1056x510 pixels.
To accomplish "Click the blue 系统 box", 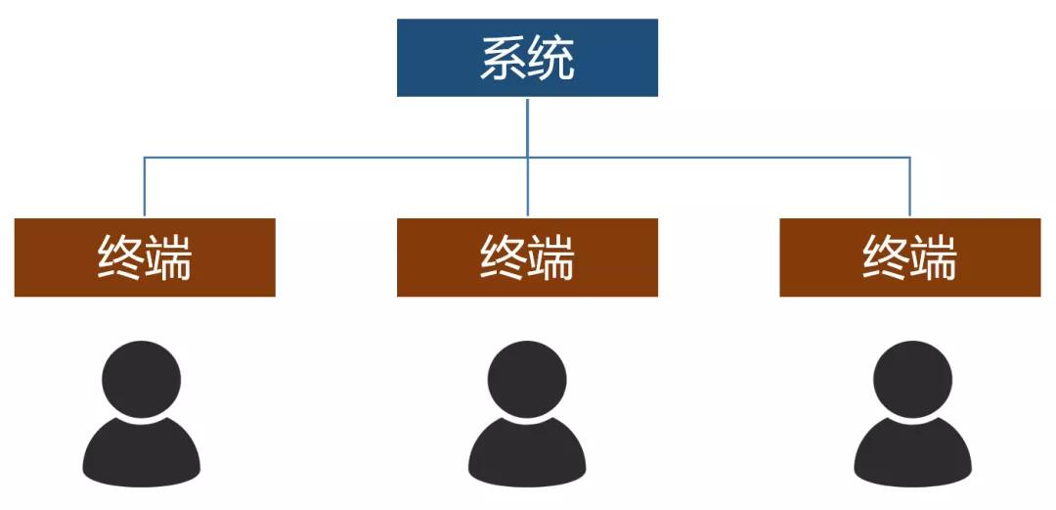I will coord(527,58).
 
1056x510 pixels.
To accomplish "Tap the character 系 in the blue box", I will coord(503,59).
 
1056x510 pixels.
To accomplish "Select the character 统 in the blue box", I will coord(551,59).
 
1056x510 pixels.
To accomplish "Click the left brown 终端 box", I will coord(145,257).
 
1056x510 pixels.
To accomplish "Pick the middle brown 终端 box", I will coord(527,257).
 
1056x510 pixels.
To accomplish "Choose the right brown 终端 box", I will coord(909,257).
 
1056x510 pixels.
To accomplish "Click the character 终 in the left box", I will coord(120,258).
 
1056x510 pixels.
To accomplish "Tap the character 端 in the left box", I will coord(169,258).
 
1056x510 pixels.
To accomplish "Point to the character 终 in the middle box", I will coord(503,258).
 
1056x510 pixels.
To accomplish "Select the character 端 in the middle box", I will coord(551,258).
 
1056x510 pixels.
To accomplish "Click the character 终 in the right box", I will coord(885,258).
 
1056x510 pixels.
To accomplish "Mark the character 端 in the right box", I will coord(934,258).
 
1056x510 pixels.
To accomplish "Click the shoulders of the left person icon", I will coord(142,458).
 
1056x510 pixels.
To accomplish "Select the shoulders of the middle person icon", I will coord(527,458).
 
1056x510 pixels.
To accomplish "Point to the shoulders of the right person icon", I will coord(912,458).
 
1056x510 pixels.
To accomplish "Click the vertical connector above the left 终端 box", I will coord(145,187).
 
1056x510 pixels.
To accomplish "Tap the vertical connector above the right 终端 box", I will coord(910,187).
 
